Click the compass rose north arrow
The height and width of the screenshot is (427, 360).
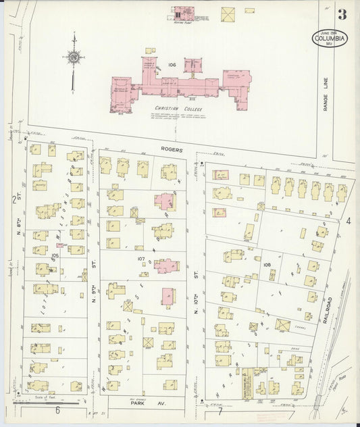(73, 59)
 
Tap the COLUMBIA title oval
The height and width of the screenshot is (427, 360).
(330, 39)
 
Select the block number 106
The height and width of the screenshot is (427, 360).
(172, 65)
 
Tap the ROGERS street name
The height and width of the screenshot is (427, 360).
(172, 150)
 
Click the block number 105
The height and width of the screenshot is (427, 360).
(55, 255)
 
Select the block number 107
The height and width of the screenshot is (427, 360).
(141, 258)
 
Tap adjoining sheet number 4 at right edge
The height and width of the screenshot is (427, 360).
(349, 221)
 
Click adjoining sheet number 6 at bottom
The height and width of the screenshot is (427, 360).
(58, 411)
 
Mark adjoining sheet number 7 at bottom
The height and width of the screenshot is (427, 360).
(220, 411)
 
